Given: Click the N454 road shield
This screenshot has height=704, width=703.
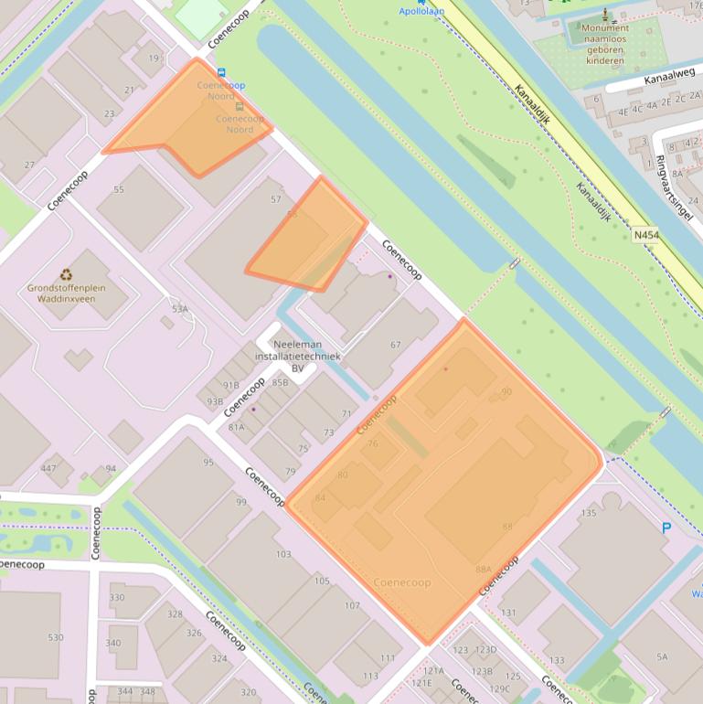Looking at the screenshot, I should pos(645,235).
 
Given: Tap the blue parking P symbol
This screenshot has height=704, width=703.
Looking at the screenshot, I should pos(666,528).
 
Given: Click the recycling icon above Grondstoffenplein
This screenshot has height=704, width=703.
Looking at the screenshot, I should pos(66,273).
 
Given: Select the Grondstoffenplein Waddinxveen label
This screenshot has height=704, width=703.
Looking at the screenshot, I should pos(66,293).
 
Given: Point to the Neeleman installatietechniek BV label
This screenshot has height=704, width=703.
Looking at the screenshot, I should pos(297,356).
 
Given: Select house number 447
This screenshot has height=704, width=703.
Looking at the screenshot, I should pos(48,469).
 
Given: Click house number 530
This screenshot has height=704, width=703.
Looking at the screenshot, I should pos(56,637).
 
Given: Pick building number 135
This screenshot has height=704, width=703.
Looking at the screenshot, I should pos(589,513).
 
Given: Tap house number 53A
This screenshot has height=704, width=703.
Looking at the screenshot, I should pos(179,309).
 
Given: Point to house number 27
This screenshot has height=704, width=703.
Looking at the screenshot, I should pos(29,165).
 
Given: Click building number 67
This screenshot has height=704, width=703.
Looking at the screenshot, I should pos(396,345).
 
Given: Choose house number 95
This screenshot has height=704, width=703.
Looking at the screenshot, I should pos(208,463).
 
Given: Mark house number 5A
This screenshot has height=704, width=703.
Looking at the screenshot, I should pos(662,656).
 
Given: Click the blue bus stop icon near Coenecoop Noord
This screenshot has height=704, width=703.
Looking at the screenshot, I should pos(221,71).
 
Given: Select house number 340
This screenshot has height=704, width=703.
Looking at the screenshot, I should pos(113,643).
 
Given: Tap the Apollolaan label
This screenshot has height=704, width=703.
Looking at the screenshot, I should pos(422,12).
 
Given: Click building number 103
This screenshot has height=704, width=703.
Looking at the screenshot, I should pos(283,555).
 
